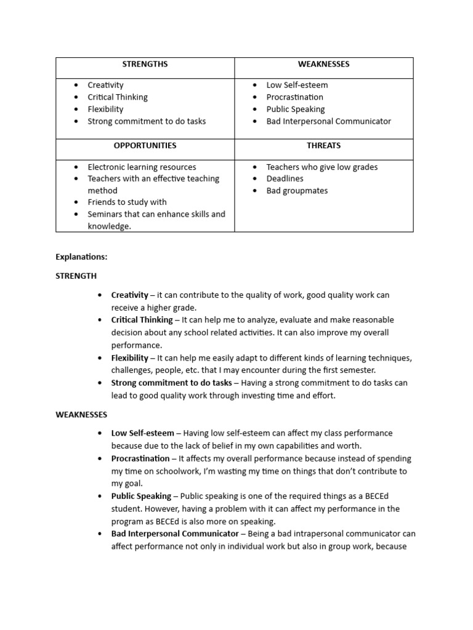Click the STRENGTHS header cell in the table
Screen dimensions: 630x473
(x=145, y=64)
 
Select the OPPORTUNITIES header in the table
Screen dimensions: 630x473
(x=145, y=146)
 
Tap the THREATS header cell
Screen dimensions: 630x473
(x=323, y=146)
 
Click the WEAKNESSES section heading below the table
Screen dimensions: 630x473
(x=81, y=415)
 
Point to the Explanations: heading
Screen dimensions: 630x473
(x=81, y=257)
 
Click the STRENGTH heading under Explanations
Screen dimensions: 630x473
(x=76, y=276)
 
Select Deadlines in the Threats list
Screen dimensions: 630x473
(x=285, y=178)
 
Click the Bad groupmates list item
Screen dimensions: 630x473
(x=297, y=191)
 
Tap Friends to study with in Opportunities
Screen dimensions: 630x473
(x=127, y=202)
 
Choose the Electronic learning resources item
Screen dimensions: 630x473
(x=142, y=167)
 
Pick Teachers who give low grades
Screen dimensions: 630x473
(x=321, y=167)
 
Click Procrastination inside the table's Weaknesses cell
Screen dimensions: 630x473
(x=294, y=97)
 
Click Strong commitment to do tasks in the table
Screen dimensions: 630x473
(x=147, y=121)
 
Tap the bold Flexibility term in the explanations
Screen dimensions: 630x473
(x=130, y=358)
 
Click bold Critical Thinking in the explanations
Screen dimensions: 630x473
(x=142, y=320)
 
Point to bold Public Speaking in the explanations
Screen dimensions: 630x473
(x=141, y=496)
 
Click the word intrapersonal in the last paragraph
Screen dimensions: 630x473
(x=333, y=534)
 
